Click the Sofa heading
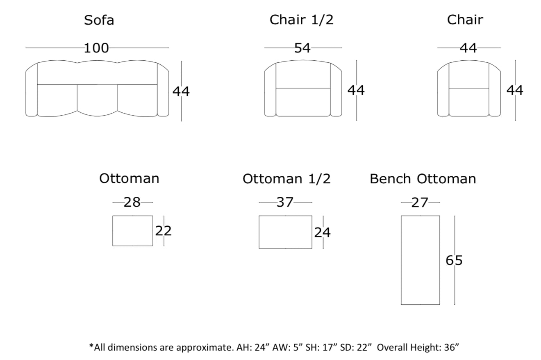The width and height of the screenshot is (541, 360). click(x=99, y=20)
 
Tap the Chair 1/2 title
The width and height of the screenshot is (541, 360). click(x=301, y=20)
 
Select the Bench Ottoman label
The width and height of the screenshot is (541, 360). click(x=423, y=179)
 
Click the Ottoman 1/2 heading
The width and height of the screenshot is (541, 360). click(x=286, y=179)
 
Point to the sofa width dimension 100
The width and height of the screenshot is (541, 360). click(x=96, y=48)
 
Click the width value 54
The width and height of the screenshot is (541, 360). click(x=302, y=48)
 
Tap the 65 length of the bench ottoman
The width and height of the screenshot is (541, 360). click(x=454, y=260)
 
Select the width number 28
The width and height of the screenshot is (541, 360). click(x=132, y=202)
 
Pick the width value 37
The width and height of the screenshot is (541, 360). click(x=285, y=202)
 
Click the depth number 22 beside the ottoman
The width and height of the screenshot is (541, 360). click(x=163, y=231)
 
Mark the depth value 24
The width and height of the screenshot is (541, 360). click(x=322, y=232)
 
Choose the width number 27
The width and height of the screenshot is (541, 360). click(x=420, y=202)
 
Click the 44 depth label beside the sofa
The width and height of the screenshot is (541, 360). click(x=181, y=91)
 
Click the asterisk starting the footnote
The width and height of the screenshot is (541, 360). click(x=91, y=346)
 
